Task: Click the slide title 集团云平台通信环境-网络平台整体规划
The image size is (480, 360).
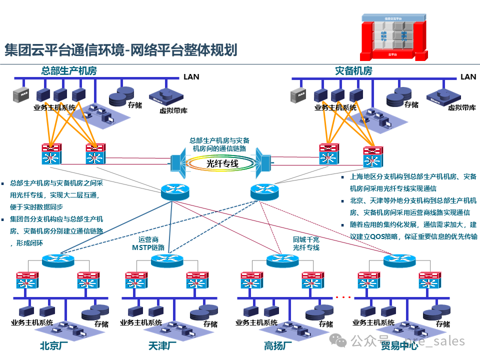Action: pyautogui.click(x=120, y=50)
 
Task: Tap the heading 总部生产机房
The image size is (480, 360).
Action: pyautogui.click(x=69, y=70)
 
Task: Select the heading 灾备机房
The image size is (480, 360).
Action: pyautogui.click(x=353, y=70)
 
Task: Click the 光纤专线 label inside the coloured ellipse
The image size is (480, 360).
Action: pyautogui.click(x=222, y=163)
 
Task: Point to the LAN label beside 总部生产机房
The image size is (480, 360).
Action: pyautogui.click(x=191, y=76)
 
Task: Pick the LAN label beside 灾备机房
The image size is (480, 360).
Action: pyautogui.click(x=468, y=76)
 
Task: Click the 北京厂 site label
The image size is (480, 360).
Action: pyautogui.click(x=50, y=346)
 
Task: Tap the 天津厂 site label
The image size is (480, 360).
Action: pyautogui.click(x=162, y=346)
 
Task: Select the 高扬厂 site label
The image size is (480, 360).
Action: pyautogui.click(x=278, y=346)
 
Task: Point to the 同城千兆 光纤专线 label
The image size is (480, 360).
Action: pyautogui.click(x=306, y=243)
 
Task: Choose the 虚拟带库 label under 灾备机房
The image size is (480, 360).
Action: pyautogui.click(x=461, y=107)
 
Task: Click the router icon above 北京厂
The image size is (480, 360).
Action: pyautogui.click(x=57, y=260)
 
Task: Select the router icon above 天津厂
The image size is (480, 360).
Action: pyautogui.click(x=166, y=260)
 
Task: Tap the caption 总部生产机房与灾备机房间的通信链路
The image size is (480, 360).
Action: pyautogui.click(x=219, y=144)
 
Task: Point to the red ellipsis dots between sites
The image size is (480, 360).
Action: pyautogui.click(x=343, y=297)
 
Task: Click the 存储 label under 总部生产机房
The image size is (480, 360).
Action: pyautogui.click(x=135, y=105)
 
